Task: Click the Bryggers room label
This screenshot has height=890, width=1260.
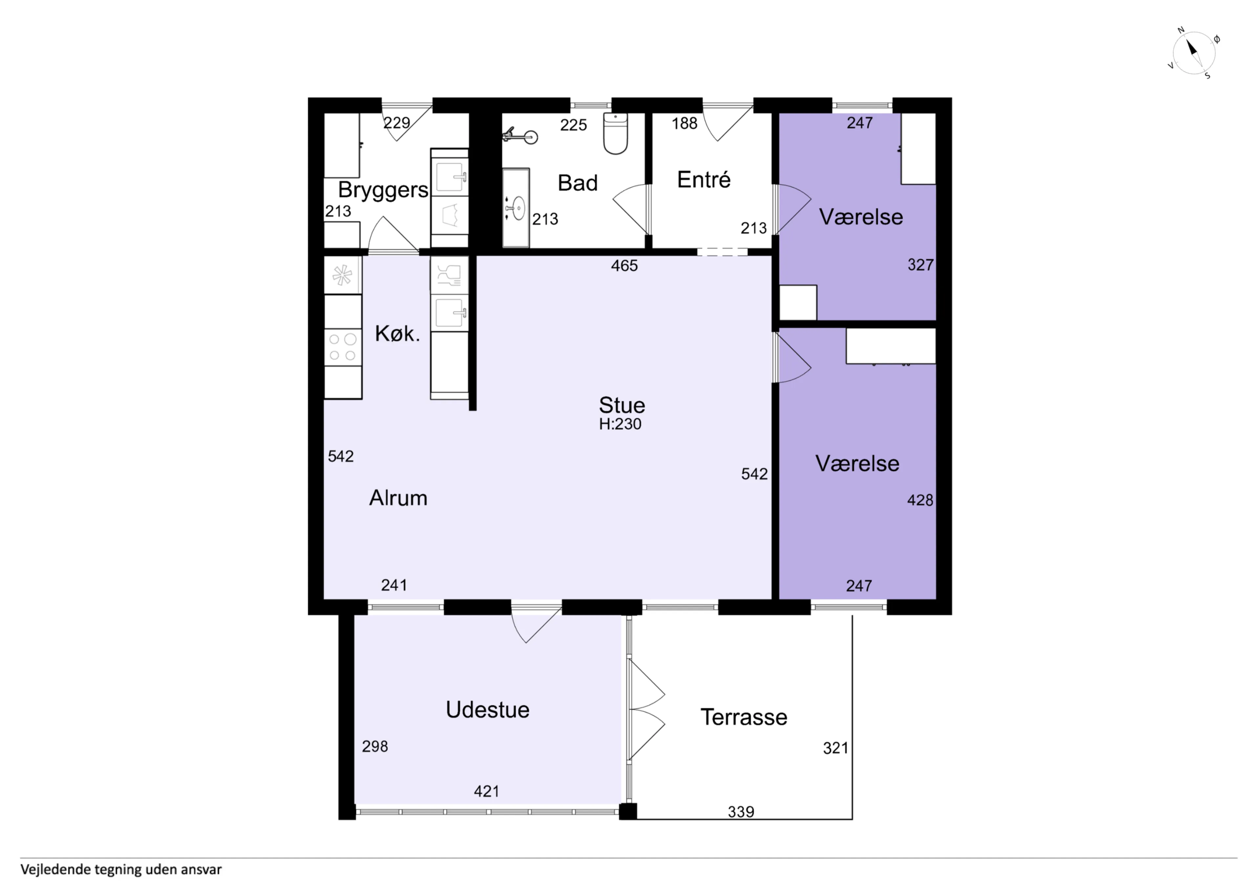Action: tap(383, 190)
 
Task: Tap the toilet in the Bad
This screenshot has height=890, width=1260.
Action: tap(615, 133)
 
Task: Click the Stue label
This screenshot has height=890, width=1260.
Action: tap(622, 405)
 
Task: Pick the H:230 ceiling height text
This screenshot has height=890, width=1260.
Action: tap(620, 424)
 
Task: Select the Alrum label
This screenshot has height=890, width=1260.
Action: tap(398, 498)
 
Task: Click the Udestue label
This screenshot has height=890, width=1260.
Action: tap(487, 710)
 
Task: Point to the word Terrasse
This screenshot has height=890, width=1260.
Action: tap(744, 717)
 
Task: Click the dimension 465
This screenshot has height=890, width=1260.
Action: tap(624, 266)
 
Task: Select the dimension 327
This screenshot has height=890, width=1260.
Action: tap(921, 265)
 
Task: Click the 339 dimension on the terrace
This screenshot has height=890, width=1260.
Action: tap(741, 812)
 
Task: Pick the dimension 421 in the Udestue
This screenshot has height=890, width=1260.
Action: tap(487, 791)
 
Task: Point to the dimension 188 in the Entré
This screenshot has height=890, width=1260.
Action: tap(685, 123)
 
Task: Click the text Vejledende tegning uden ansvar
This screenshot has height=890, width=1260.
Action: tap(121, 870)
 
